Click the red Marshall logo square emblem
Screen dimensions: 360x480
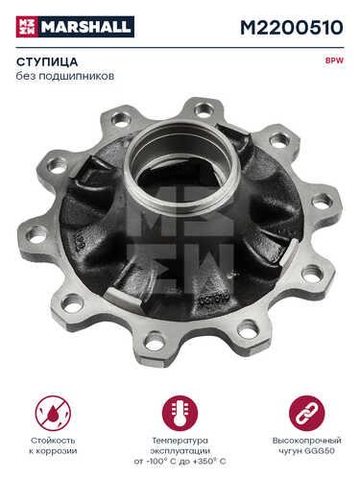(27, 27)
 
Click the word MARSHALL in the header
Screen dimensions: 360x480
(86, 27)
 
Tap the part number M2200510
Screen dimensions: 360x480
(292, 28)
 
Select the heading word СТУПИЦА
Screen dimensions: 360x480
(47, 61)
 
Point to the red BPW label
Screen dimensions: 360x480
(335, 60)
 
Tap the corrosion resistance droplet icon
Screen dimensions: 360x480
(53, 413)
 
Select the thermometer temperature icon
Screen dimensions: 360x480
(180, 413)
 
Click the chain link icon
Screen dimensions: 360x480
(307, 413)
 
